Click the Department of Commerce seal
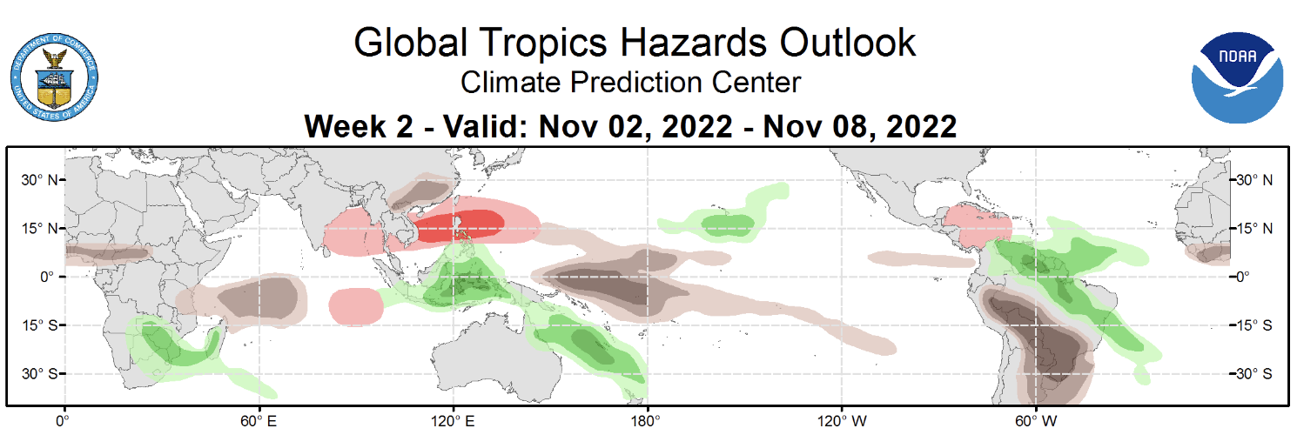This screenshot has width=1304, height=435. tap(54, 79)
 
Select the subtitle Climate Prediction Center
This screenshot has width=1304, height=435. tap(629, 83)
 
